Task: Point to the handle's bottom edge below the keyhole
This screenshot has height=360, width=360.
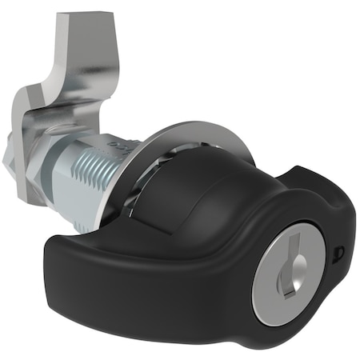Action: pos(272,328)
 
